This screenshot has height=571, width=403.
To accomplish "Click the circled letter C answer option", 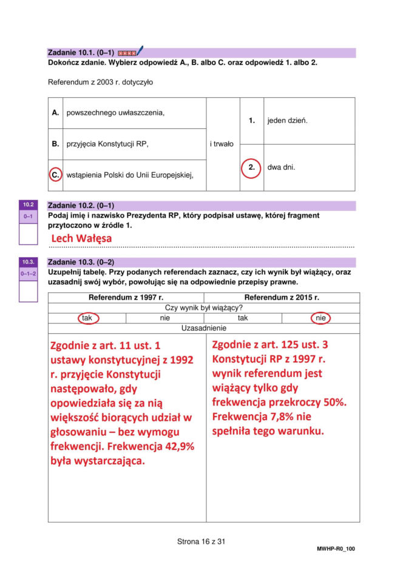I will pos(55,175).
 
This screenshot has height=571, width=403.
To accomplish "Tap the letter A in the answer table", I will pos(55,112).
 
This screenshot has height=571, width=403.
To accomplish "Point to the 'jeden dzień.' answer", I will pos(287,120).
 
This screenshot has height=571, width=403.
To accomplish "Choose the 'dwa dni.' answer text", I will pos(281,167).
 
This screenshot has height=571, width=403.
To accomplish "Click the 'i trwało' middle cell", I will pos(222,144).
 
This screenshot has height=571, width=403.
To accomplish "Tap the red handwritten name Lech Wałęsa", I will pos(81,238).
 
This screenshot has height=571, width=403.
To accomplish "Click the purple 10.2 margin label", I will pos(28,205).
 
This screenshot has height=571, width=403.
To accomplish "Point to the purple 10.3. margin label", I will pos(28,262).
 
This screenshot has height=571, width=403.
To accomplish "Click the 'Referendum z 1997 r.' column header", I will pos(126,298).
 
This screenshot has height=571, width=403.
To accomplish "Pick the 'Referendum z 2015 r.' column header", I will pos(282,298).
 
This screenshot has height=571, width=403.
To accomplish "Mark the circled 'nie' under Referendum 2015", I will pos(320,318).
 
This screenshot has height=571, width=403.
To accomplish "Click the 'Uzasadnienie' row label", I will pos(203,328).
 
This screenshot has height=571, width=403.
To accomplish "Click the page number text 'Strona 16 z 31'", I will pos(201,541).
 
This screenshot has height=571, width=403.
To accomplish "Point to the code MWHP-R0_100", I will pos(336,549).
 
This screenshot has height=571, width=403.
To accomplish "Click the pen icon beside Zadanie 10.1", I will pos(139,51).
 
